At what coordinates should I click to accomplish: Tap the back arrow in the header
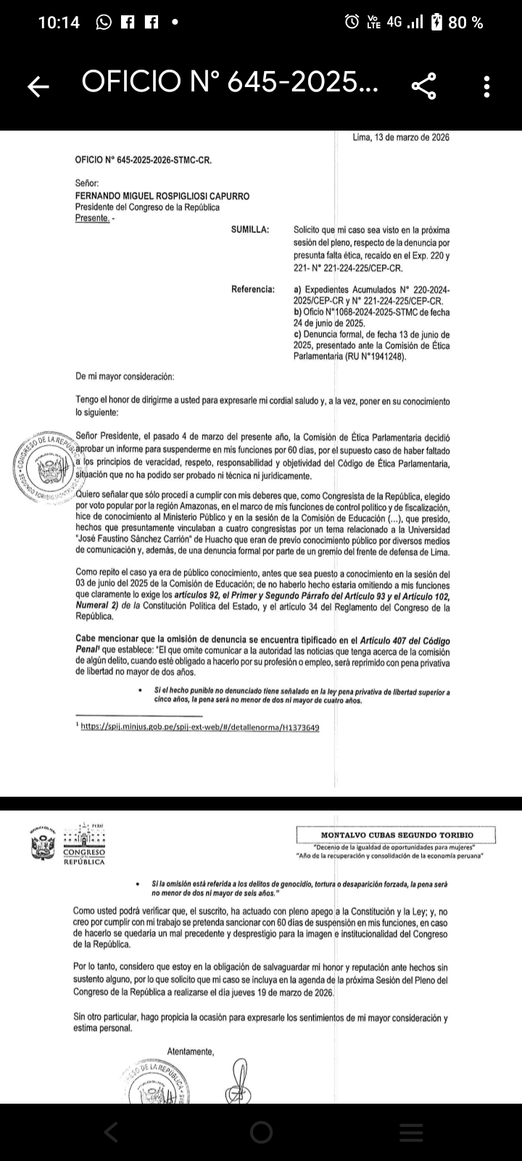(38, 87)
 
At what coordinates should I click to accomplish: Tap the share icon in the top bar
(424, 86)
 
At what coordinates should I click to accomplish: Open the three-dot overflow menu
(487, 86)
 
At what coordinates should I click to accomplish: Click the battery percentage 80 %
(466, 22)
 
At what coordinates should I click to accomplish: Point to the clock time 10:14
(58, 22)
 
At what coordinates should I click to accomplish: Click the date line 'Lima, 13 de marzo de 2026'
(400, 137)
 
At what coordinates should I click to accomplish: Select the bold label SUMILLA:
(250, 230)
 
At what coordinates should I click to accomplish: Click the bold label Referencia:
(253, 290)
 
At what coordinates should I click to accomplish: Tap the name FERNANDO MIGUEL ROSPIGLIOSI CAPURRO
(162, 196)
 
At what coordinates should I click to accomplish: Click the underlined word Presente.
(93, 218)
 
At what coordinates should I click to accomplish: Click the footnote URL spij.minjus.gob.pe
(199, 727)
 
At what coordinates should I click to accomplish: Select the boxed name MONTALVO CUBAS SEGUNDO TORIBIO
(397, 835)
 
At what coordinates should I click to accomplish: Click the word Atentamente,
(191, 1051)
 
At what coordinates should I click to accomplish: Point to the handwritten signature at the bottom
(240, 1081)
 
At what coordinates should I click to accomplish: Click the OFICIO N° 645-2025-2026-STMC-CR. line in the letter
(143, 160)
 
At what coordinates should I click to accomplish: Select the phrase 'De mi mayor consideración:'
(125, 377)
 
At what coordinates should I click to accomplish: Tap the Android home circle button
(261, 1132)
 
